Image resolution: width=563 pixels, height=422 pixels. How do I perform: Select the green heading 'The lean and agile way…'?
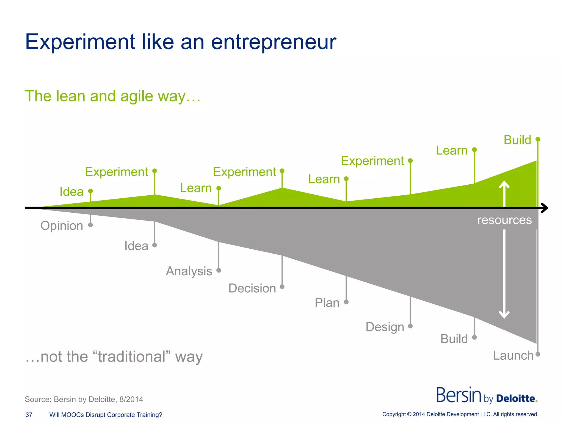113,96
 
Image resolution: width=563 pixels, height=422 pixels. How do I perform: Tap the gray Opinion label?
62,226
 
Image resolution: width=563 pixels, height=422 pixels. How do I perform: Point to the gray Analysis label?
189,271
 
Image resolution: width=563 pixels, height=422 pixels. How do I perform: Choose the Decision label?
252,288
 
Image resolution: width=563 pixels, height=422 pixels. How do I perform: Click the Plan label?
327,303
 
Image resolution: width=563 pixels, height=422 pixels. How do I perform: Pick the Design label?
385,327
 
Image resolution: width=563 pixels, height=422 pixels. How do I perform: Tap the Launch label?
513,356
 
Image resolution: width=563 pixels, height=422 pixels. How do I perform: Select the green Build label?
517,140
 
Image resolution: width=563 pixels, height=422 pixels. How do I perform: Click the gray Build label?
454,339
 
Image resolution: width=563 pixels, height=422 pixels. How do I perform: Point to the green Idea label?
71,192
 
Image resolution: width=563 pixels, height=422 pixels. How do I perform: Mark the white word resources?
504,220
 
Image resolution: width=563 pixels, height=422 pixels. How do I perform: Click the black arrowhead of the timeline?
545,208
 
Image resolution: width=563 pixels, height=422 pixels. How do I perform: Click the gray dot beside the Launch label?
538,354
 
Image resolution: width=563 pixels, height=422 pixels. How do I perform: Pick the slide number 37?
29,415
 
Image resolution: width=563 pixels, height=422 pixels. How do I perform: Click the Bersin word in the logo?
459,395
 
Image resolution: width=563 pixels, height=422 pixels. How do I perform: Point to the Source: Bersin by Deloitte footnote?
84,399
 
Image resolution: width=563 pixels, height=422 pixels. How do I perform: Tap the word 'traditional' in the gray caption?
132,357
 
